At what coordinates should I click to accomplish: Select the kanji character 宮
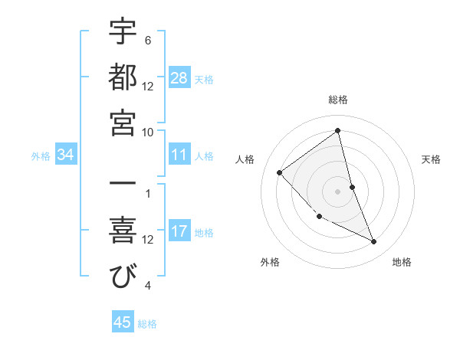click(x=123, y=123)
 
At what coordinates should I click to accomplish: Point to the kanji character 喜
click(x=123, y=231)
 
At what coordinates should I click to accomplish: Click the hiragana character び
click(x=123, y=277)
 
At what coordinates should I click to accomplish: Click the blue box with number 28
click(x=179, y=77)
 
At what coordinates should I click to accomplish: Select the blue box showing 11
click(x=179, y=155)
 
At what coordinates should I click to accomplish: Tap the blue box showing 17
click(x=179, y=231)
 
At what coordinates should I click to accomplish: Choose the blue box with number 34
click(x=66, y=155)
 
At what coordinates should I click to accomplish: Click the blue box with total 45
click(x=123, y=322)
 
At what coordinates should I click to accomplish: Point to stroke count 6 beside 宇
click(x=148, y=40)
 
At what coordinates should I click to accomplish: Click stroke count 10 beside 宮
click(x=148, y=132)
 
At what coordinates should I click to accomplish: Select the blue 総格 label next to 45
click(x=147, y=323)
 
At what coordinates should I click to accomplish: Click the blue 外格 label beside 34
click(x=41, y=156)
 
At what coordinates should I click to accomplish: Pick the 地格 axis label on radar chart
click(x=402, y=262)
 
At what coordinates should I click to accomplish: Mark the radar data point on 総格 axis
click(x=338, y=130)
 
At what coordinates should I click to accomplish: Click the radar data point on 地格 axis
click(x=374, y=242)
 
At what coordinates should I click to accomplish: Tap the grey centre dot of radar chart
click(x=338, y=191)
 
